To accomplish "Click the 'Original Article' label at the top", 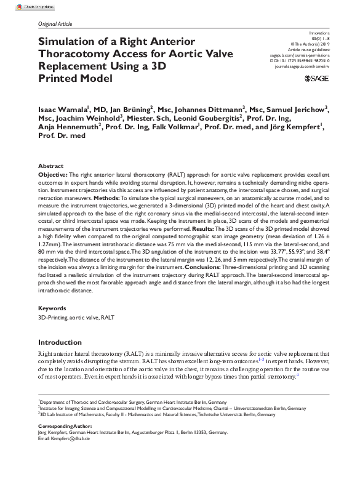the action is click(55, 24).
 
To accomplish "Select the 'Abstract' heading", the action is click(50, 166).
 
